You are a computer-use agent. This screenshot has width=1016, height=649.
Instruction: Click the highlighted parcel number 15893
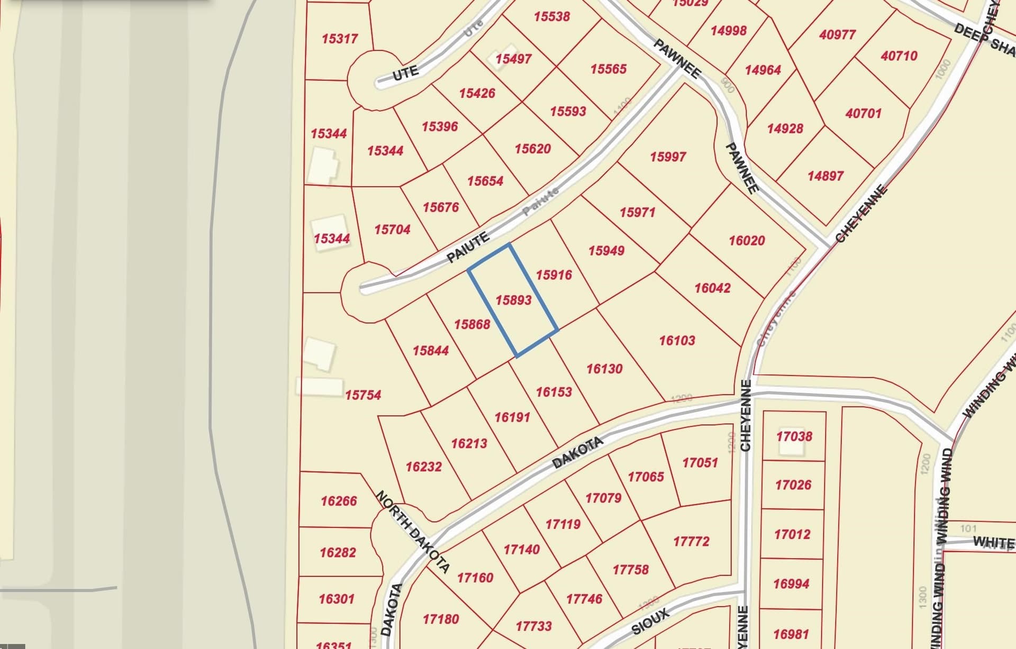(x=513, y=300)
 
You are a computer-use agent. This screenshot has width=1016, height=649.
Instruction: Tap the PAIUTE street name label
(x=468, y=248)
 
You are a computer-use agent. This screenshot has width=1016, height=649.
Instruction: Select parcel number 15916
(x=554, y=275)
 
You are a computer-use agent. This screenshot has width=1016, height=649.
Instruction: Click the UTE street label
(x=405, y=73)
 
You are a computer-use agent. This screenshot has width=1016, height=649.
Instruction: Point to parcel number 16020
(x=747, y=241)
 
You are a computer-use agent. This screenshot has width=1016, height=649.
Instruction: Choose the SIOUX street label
(x=650, y=621)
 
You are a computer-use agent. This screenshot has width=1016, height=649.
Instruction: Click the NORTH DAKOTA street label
(x=413, y=531)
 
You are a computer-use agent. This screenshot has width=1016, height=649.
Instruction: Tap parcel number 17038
(x=794, y=436)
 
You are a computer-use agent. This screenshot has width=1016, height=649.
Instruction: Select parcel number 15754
(x=363, y=395)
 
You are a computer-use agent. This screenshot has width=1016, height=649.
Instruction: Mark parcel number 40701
(x=863, y=114)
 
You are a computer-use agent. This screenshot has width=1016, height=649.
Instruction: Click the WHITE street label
(x=993, y=542)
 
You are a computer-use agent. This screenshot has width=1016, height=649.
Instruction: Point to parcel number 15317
(x=339, y=39)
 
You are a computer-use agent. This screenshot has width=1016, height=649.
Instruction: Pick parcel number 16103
(x=677, y=341)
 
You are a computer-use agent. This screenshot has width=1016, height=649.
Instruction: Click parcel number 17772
(x=691, y=542)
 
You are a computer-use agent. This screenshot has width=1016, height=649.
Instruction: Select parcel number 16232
(x=423, y=467)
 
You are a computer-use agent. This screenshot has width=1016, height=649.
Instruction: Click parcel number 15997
(x=668, y=157)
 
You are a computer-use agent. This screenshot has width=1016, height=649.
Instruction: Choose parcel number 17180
(x=440, y=619)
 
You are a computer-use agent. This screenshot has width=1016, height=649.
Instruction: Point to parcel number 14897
(x=825, y=176)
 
